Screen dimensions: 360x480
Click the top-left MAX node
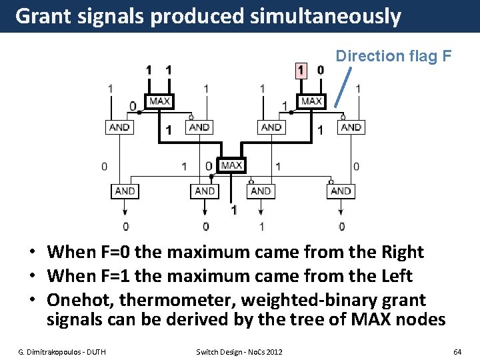159,101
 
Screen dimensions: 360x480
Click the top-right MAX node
311,101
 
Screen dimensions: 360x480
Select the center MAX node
231,165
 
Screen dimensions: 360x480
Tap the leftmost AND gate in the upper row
119,127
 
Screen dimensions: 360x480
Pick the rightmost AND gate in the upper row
351,127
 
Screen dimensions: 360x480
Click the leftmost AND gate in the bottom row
125,191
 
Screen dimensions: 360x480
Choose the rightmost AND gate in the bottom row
341,191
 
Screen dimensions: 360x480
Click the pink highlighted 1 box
301,70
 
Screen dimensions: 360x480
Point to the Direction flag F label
393,56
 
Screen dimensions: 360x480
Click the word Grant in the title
43,16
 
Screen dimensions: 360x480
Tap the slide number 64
457,351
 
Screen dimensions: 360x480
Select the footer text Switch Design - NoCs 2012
239,351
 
